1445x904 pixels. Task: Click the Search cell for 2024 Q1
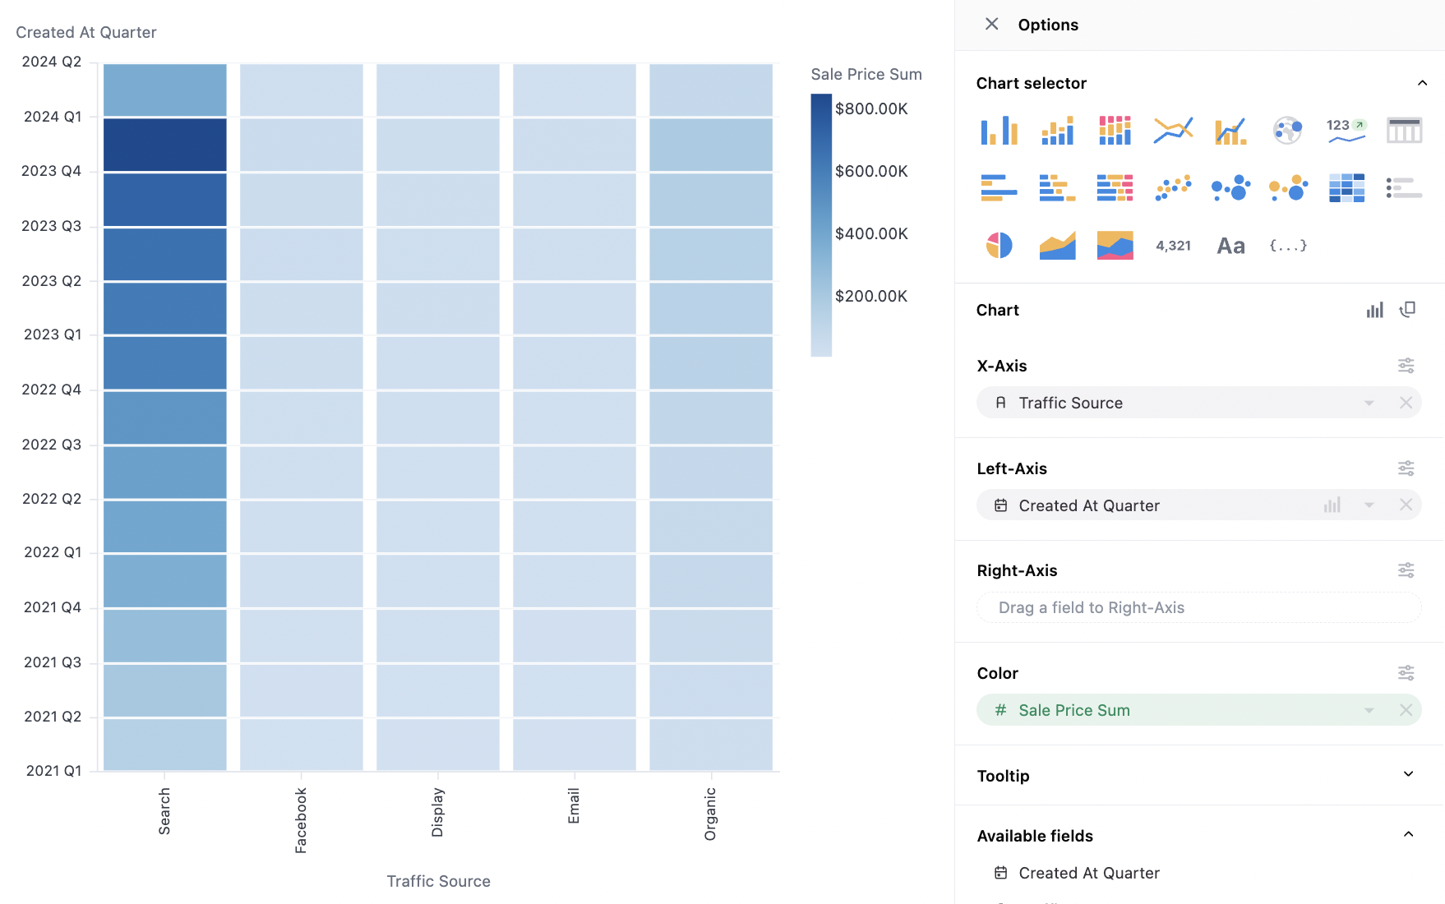164,145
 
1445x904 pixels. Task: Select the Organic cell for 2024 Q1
711,145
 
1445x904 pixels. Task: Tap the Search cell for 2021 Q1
164,744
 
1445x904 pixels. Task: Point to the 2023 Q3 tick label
51,226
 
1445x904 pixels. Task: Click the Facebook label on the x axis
301,820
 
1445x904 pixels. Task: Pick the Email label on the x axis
574,805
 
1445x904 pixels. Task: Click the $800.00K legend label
871,108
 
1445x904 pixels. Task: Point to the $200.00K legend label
871,296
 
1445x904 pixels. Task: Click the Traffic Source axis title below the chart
438,881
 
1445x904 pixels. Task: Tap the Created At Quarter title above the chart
86,32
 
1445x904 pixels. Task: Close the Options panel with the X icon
992,24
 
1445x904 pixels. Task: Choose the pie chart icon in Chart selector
999,245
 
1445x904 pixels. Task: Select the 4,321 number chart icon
1173,245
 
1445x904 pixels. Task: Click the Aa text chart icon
1230,245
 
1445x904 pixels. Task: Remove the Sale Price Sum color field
1406,710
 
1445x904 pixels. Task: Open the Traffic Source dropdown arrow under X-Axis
1369,403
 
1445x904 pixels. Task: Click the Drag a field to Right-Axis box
1198,607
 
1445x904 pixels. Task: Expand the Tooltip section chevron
1408,774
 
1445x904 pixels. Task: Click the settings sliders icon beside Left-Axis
1406,468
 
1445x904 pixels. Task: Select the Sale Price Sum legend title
866,74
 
